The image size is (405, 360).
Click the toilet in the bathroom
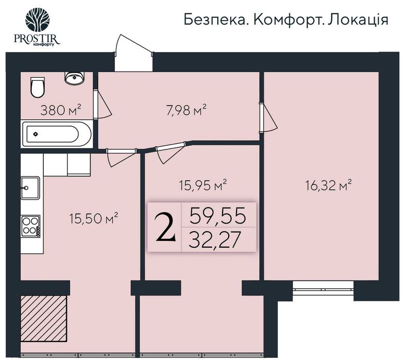[x=37, y=88]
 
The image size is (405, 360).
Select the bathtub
[x=56, y=134]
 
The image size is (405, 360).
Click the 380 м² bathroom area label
[x=61, y=110]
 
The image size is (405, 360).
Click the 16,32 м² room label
[x=328, y=184]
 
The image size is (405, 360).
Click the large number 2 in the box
[x=165, y=228]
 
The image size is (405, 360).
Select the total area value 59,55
[x=216, y=215]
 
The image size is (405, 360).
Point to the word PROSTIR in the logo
[x=39, y=39]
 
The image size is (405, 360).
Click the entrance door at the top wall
[x=133, y=56]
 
